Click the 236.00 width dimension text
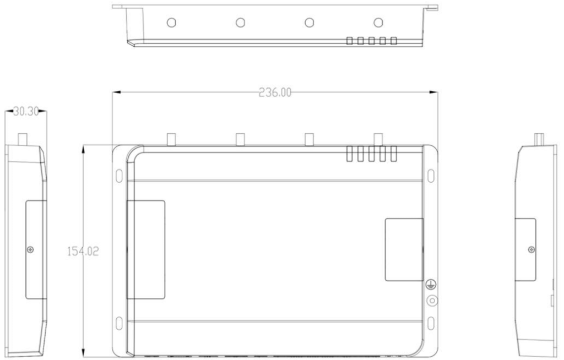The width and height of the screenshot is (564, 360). [275, 92]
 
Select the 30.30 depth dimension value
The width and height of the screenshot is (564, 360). [25, 112]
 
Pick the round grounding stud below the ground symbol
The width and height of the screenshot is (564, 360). [432, 301]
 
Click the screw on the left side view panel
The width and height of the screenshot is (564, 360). [30, 250]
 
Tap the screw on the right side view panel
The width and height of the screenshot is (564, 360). [531, 250]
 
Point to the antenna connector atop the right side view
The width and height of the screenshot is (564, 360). [539, 139]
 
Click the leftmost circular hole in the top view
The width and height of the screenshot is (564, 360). [171, 22]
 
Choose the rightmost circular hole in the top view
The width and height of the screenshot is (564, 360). [378, 22]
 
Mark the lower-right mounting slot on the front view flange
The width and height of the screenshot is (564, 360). [431, 322]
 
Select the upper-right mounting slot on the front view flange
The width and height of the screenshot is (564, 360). [431, 176]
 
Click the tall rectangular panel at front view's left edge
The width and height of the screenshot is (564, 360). [146, 249]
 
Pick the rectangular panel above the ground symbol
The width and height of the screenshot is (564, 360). [404, 249]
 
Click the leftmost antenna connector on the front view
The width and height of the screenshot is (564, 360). [171, 139]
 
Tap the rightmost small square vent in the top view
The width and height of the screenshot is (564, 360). [394, 41]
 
